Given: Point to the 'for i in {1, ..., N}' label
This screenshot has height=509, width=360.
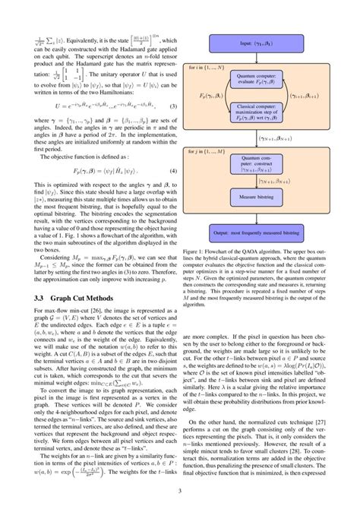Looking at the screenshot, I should pos(210,68).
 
